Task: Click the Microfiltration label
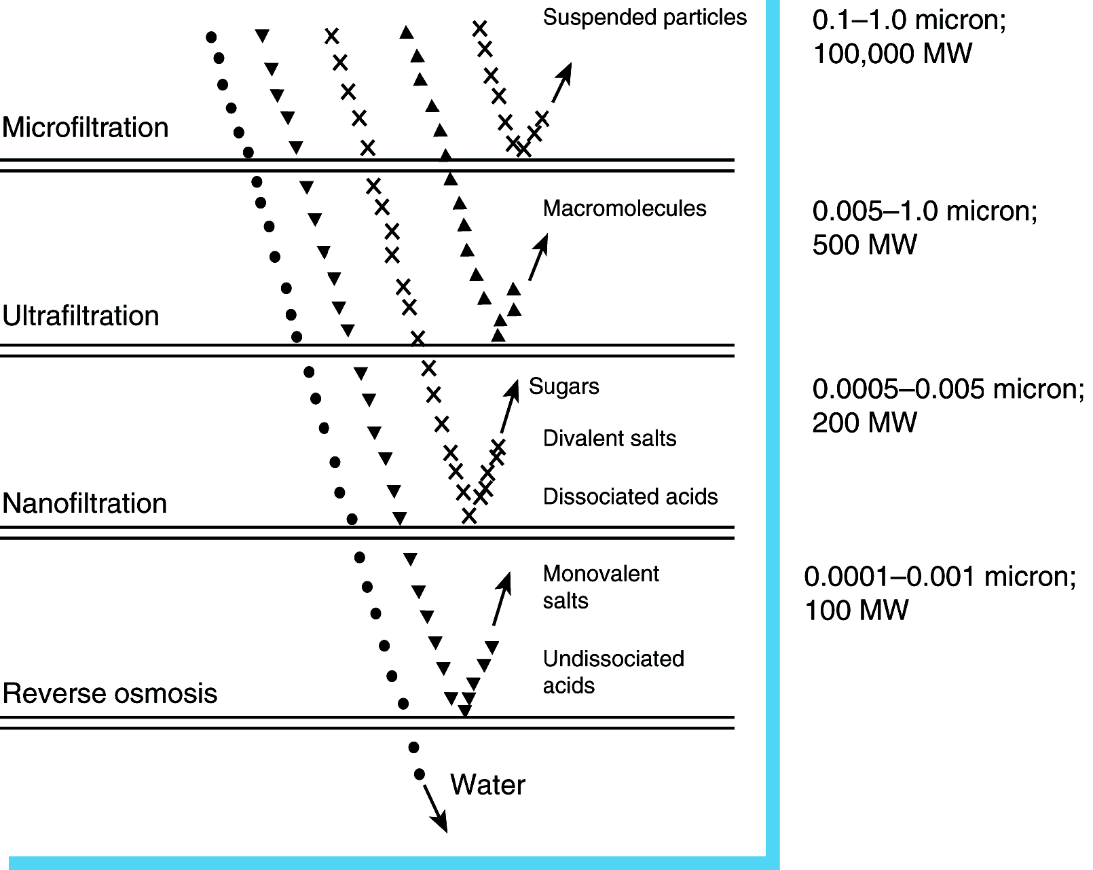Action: tap(85, 128)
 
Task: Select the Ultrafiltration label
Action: tap(80, 316)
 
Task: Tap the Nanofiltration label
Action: tap(84, 503)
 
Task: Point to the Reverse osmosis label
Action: tap(109, 693)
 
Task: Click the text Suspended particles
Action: tap(644, 18)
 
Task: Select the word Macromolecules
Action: tap(624, 209)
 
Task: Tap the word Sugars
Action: tap(563, 386)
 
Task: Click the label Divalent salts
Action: tap(609, 439)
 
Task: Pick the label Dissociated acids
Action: tap(630, 496)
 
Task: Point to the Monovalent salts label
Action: tap(600, 587)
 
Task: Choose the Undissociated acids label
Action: tap(613, 672)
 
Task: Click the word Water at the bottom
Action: tap(487, 784)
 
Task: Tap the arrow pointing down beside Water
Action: tap(435, 808)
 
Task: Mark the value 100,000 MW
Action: tap(892, 54)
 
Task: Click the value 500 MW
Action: tap(864, 244)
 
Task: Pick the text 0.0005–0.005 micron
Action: tap(948, 389)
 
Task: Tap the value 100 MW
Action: tap(856, 610)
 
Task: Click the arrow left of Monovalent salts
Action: tap(502, 598)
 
